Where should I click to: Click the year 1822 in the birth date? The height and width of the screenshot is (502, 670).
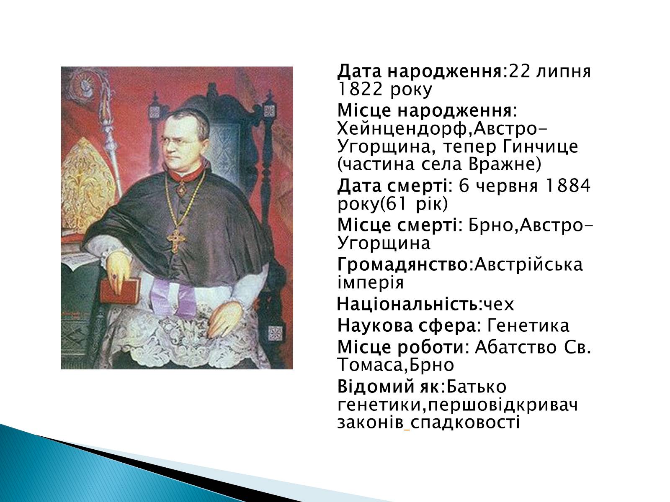pos(360,89)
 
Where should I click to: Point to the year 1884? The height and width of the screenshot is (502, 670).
pos(567,186)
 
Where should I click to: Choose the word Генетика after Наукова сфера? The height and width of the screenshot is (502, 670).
pos(528,325)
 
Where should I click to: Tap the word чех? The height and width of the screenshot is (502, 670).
pos(499,305)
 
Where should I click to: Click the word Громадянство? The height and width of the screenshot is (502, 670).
pos(402,264)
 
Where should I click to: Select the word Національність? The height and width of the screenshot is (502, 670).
pos(407,304)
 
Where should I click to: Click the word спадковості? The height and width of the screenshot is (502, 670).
pos(464,423)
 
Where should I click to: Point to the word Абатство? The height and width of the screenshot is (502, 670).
pos(515,347)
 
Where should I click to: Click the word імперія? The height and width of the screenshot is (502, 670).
pos(370,282)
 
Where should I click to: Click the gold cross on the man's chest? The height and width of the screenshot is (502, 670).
pos(176,240)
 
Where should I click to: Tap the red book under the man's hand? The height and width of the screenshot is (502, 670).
pos(120,291)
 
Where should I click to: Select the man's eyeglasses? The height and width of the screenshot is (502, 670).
pos(179,142)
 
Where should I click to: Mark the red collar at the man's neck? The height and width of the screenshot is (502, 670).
pos(186,176)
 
